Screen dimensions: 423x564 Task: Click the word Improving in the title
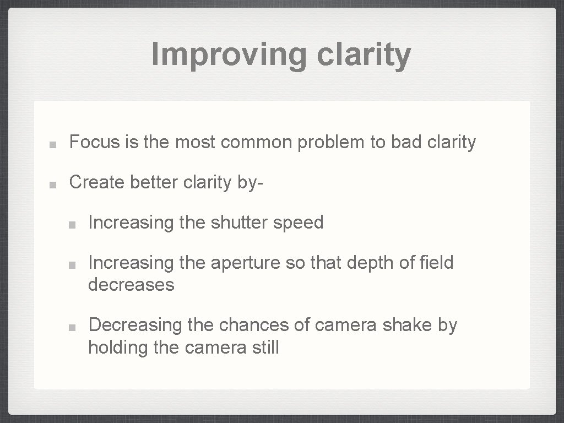(229, 55)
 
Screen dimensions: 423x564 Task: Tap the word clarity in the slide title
(364, 55)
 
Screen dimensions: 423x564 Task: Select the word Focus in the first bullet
(94, 142)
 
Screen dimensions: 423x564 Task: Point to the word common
(257, 142)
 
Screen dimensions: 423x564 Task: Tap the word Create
(97, 182)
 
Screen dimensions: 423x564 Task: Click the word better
(153, 182)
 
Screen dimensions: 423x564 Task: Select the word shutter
(239, 223)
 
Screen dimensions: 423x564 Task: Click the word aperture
(247, 263)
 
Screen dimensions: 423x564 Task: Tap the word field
(435, 263)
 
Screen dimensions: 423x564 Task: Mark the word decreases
(131, 285)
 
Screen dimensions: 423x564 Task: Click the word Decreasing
(135, 325)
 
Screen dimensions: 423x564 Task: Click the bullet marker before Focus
(51, 144)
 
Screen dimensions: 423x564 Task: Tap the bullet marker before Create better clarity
(51, 184)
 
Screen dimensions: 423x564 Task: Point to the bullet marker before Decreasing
(72, 327)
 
